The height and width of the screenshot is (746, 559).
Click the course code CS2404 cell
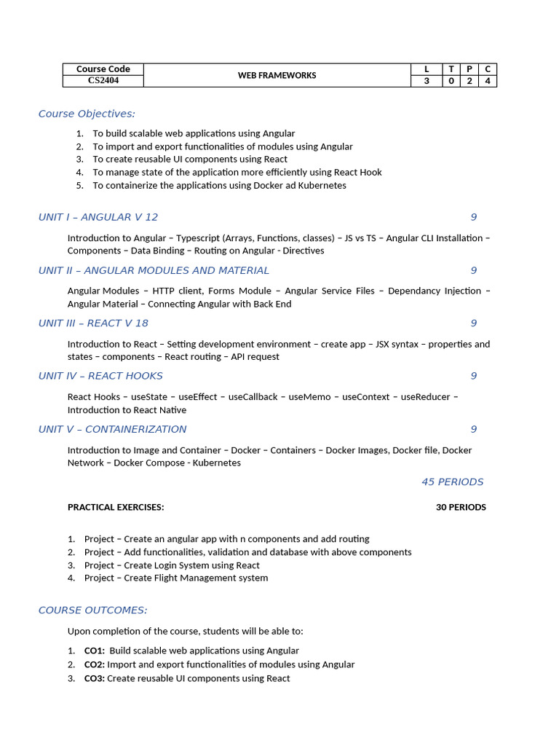(103, 81)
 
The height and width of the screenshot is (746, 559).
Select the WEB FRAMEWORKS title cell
(277, 75)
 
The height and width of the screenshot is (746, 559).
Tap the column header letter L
(427, 69)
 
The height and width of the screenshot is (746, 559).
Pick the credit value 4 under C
(487, 81)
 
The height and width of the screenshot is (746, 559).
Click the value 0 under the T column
(451, 81)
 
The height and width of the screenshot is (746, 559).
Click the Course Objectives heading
(87, 114)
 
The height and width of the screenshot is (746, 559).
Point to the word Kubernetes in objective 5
(322, 185)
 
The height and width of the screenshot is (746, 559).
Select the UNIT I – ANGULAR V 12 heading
(98, 217)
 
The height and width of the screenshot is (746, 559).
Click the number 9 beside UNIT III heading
(473, 323)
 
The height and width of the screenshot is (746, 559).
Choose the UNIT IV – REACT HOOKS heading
(100, 376)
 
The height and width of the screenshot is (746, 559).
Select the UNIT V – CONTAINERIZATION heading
(112, 429)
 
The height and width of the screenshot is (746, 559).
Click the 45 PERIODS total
(452, 482)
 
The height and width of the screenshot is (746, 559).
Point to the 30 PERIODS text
(461, 507)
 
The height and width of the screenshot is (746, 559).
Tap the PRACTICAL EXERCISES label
(116, 507)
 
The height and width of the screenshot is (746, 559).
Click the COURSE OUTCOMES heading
(92, 610)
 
